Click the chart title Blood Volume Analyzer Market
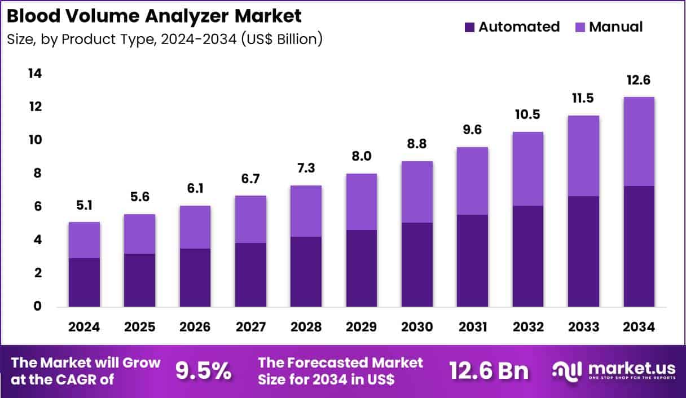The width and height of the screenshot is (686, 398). pyautogui.click(x=154, y=16)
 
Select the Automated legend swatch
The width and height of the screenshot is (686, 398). pyautogui.click(x=469, y=27)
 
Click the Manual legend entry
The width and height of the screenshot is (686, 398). pyautogui.click(x=615, y=27)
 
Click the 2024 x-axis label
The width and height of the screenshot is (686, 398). pyautogui.click(x=84, y=328)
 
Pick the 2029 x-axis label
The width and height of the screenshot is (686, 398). pyautogui.click(x=362, y=328)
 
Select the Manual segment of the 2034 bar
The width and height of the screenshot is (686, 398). pyautogui.click(x=639, y=141)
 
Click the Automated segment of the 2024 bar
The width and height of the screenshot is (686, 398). pyautogui.click(x=84, y=282)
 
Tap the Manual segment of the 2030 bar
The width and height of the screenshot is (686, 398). pyautogui.click(x=417, y=192)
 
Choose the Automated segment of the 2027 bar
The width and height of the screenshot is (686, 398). pyautogui.click(x=250, y=275)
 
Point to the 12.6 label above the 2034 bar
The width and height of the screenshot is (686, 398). pyautogui.click(x=639, y=81)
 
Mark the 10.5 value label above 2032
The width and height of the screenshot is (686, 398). pyautogui.click(x=527, y=114)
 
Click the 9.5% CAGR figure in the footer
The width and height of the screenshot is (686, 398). pyautogui.click(x=203, y=371)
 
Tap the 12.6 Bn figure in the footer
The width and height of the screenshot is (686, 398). pyautogui.click(x=489, y=371)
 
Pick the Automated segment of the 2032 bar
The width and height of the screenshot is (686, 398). pyautogui.click(x=527, y=256)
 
